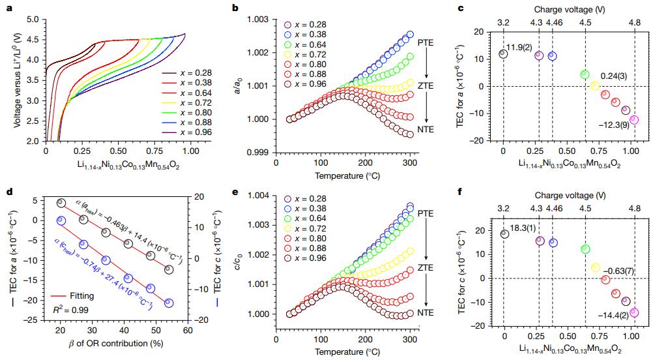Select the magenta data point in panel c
point(634,120)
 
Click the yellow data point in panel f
point(595,267)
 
